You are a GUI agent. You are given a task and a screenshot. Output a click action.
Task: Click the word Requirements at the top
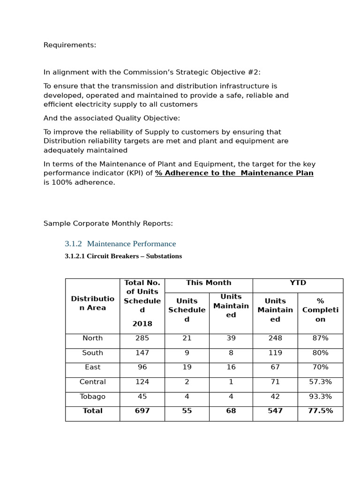[69, 45]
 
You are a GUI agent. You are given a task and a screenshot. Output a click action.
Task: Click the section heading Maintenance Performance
[131, 244]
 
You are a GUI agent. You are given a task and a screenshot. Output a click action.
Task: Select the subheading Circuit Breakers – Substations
[123, 256]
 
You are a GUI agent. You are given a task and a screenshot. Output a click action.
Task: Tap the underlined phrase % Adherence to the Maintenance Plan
[234, 173]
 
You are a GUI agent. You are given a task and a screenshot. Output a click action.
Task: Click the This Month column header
[209, 283]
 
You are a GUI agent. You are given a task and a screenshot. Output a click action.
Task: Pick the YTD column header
[298, 283]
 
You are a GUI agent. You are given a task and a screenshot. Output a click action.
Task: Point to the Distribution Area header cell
[92, 303]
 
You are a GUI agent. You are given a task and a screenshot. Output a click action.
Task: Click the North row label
[92, 338]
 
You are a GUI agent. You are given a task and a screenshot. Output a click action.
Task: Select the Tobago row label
[92, 397]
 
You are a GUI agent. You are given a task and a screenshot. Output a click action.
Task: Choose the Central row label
[92, 382]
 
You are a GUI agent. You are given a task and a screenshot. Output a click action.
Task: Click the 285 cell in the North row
[142, 338]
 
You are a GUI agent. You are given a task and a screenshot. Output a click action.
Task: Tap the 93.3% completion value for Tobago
[320, 397]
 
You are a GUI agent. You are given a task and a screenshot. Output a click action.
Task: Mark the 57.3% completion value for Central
[320, 382]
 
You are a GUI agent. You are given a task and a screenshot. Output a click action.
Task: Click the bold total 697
[142, 411]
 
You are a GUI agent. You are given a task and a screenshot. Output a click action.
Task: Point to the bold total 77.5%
[320, 411]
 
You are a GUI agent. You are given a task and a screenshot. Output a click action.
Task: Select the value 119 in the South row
[275, 353]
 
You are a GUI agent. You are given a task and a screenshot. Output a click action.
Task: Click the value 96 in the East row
[142, 367]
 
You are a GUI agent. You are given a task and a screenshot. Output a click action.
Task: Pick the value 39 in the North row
[231, 338]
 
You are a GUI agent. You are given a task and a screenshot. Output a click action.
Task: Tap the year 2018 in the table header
[142, 324]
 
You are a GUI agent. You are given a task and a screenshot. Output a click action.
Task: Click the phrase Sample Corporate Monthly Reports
[108, 224]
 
